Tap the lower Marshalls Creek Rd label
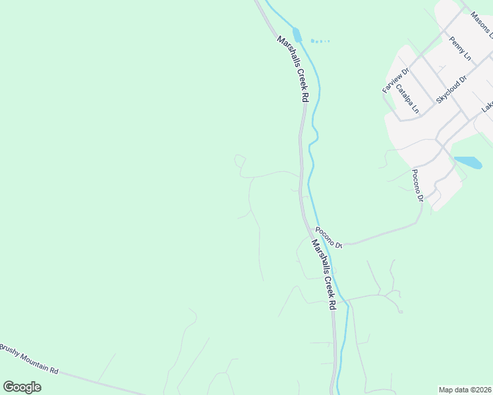[x=324, y=274]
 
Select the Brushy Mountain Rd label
[x=29, y=359]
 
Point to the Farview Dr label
[x=395, y=79]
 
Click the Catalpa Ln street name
[x=406, y=98]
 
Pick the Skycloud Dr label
[x=451, y=89]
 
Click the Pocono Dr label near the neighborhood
[x=417, y=185]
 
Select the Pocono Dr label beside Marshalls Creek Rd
[x=329, y=237]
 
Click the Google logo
[x=22, y=387]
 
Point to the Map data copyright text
[x=465, y=389]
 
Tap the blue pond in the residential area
[x=468, y=162]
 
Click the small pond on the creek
[x=297, y=35]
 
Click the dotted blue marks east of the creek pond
[x=320, y=41]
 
